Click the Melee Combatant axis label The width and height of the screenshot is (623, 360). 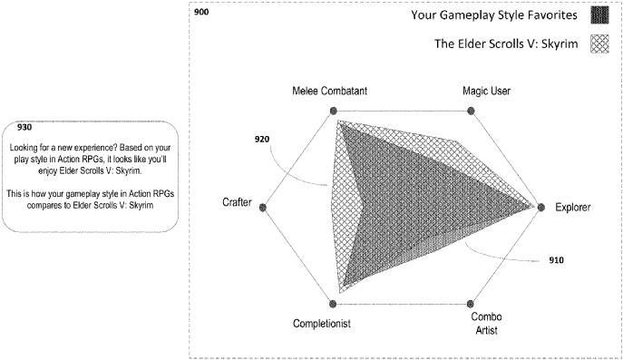pyautogui.click(x=330, y=92)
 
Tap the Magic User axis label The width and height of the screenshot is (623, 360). pyautogui.click(x=470, y=92)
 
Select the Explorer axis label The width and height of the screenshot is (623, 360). pyautogui.click(x=573, y=208)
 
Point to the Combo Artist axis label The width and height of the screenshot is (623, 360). pyautogui.click(x=486, y=323)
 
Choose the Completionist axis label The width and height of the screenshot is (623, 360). pyautogui.click(x=322, y=323)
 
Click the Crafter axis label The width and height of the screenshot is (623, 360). pyautogui.click(x=237, y=202)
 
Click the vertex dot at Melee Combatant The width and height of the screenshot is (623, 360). pyautogui.click(x=332, y=112)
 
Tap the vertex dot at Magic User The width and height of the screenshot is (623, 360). pyautogui.click(x=470, y=112)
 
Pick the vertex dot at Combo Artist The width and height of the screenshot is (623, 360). pyautogui.click(x=471, y=305)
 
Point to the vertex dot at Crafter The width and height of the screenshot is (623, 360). pyautogui.click(x=263, y=208)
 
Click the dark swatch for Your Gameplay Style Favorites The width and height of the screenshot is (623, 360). pyautogui.click(x=599, y=15)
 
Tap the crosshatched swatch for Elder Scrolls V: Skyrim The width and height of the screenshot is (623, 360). pyautogui.click(x=599, y=43)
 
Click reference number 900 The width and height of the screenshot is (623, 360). pyautogui.click(x=202, y=13)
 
